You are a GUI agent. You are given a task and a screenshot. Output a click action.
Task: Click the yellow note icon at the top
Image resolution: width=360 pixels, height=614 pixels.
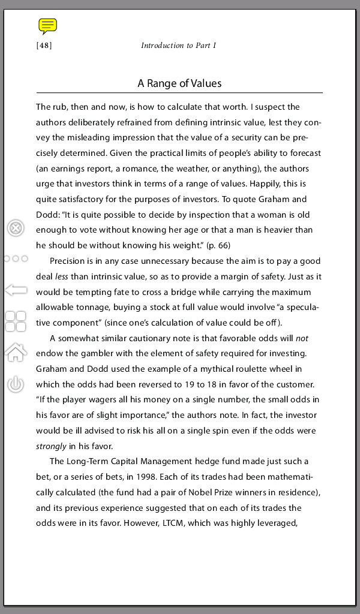coord(47,25)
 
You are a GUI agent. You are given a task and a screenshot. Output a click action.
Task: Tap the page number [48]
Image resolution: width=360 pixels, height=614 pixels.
coord(44,46)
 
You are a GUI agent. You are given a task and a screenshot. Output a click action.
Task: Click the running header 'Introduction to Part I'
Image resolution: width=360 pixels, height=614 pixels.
coord(178,46)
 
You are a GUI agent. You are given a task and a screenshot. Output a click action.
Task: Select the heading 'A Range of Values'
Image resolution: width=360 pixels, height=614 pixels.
coord(179,83)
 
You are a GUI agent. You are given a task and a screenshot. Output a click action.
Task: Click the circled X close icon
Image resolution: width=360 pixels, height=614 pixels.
coord(16,228)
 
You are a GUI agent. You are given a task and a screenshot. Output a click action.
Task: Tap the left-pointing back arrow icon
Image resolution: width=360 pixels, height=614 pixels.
coord(16,290)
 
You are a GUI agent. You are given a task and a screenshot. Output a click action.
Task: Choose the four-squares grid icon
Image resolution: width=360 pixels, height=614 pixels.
coord(16,321)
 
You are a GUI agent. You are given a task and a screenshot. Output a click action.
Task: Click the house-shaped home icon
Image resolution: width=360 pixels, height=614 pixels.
coord(16,353)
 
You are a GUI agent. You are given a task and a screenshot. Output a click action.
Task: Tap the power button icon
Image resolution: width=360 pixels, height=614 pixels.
coord(16,384)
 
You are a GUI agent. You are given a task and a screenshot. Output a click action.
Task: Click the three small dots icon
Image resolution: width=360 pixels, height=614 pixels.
coord(16,259)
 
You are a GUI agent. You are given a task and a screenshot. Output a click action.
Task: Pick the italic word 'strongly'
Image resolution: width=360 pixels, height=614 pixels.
coord(51,446)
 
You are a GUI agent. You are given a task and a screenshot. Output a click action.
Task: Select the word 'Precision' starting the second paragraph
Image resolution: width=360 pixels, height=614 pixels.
coord(68,261)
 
